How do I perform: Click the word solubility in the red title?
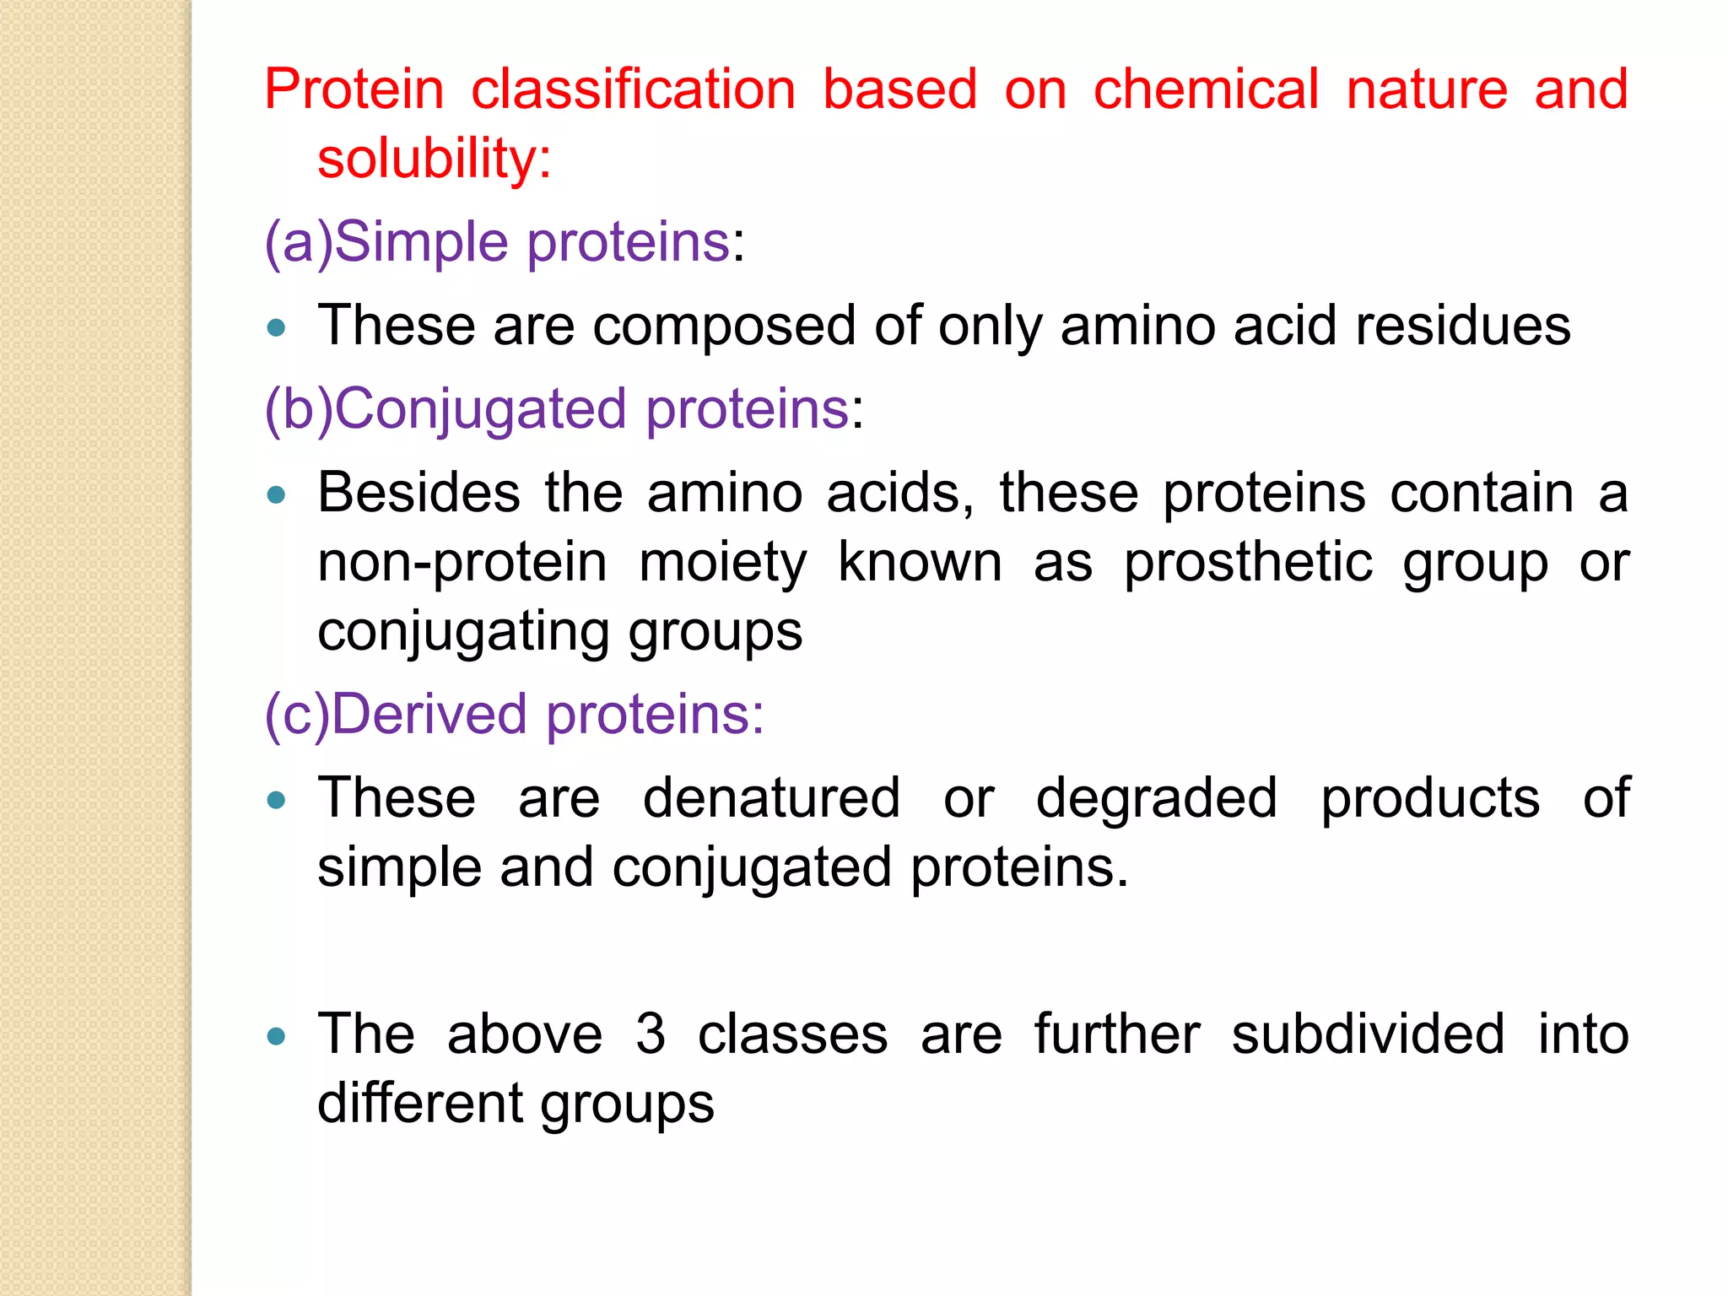434,159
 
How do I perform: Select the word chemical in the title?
1206,89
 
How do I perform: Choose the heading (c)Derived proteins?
514,715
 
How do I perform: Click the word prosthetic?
1248,562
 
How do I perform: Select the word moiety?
722,564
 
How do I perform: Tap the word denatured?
771,798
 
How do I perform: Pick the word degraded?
1156,800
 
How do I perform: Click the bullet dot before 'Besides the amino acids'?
276,494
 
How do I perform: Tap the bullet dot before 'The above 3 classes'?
276,1036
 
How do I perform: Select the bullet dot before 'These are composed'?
276,327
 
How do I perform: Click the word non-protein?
462,564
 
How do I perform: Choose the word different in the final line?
420,1104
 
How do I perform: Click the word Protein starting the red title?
354,89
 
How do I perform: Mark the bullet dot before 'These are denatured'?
276,800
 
